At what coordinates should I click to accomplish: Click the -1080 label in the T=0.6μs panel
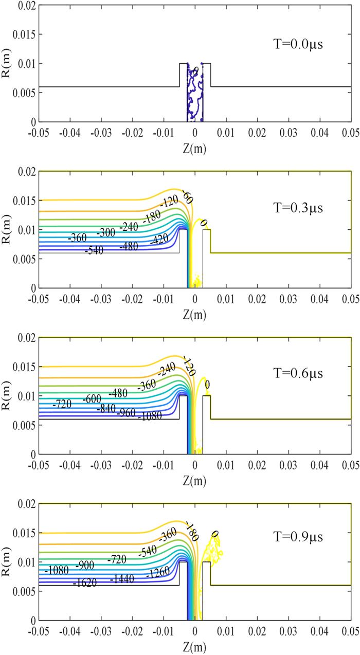[x=150, y=416]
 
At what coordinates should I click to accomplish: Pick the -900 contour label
[x=85, y=565]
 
